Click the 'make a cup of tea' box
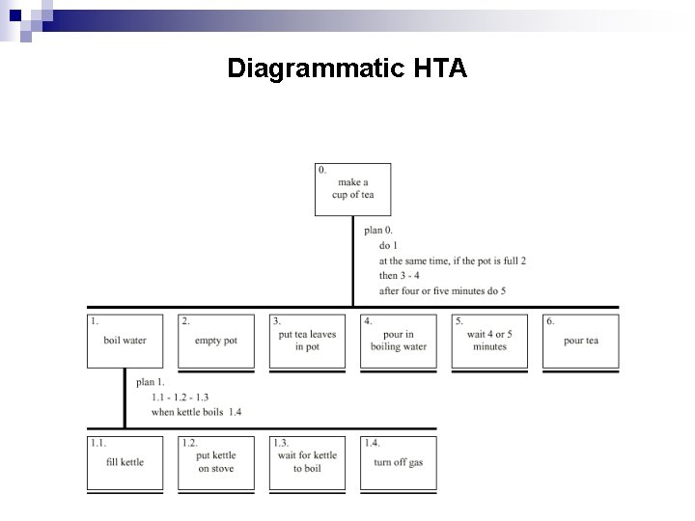(x=352, y=189)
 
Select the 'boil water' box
(x=125, y=341)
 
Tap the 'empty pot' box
(x=216, y=341)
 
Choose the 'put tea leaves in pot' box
(x=307, y=341)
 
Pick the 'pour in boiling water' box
(x=398, y=341)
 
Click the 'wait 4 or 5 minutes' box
(x=489, y=341)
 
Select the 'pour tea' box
(x=580, y=341)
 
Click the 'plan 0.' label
(x=378, y=231)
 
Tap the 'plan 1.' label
(x=151, y=382)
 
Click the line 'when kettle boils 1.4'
(x=196, y=412)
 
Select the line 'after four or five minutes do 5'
(x=442, y=290)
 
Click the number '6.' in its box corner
(x=550, y=321)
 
